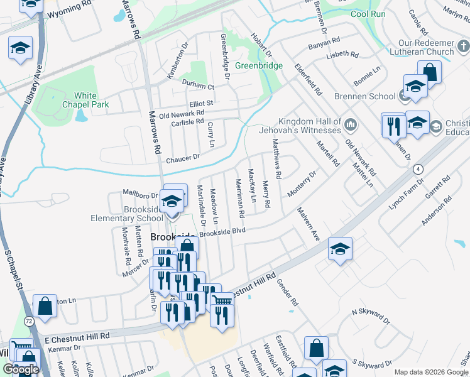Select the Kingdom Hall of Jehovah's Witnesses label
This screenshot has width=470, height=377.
310,126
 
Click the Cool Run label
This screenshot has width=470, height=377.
367,13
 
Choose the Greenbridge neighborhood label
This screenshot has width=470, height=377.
259,65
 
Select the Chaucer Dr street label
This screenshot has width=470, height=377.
182,158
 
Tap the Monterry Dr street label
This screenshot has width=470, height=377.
301,184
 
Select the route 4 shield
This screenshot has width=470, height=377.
417,169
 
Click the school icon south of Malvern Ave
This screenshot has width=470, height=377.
340,249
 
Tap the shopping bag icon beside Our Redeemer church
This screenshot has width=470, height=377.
430,71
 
